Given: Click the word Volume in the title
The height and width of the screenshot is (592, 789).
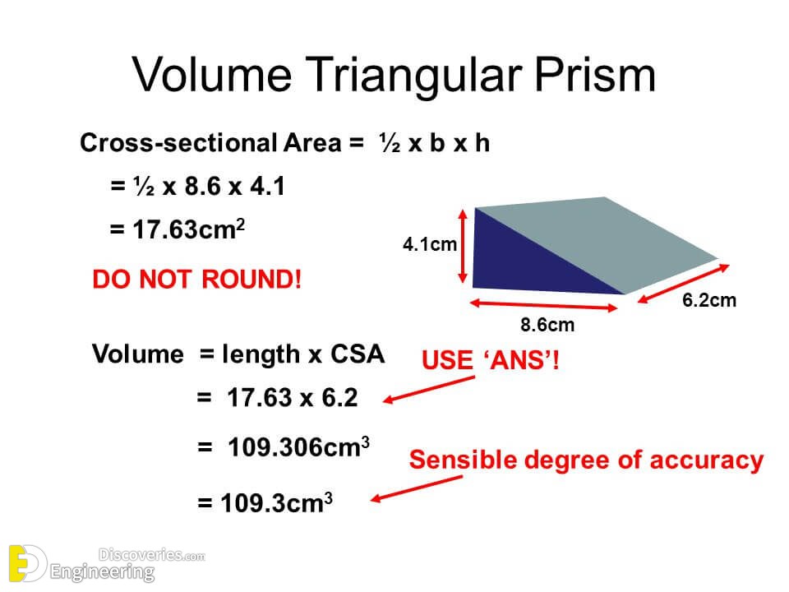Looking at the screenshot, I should (211, 75).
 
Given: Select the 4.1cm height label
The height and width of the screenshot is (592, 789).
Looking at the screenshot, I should (429, 244).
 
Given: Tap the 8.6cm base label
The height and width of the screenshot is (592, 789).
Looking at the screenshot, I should (547, 325).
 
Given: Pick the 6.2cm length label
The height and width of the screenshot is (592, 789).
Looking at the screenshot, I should (709, 300).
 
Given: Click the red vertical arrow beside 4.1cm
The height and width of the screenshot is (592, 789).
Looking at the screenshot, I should (466, 245).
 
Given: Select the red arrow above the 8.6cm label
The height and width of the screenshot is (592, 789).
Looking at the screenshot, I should (544, 305).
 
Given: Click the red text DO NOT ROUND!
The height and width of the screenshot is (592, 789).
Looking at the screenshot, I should (197, 280).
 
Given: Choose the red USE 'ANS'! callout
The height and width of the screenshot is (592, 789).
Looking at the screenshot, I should (491, 360).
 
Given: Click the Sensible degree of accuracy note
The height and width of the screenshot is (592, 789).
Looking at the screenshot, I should (586, 460).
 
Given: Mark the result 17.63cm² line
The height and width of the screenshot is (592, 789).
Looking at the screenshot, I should (177, 229).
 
